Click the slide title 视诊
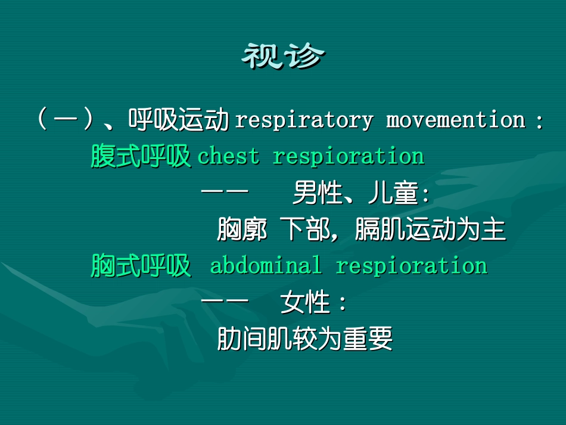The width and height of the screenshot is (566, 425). pyautogui.click(x=283, y=57)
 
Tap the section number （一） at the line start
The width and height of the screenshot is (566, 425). pyautogui.click(x=65, y=120)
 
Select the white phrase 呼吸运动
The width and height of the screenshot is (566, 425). pyautogui.click(x=179, y=120)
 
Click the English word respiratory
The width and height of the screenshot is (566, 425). pyautogui.click(x=304, y=120)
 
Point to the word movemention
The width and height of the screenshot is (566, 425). pyautogui.click(x=455, y=120)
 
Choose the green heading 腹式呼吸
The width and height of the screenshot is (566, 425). pyautogui.click(x=141, y=157)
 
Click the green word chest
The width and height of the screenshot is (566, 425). pyautogui.click(x=228, y=157)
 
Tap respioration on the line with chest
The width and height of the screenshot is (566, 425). pyautogui.click(x=348, y=157)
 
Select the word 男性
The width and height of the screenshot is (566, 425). pyautogui.click(x=316, y=194)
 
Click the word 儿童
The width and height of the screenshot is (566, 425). pyautogui.click(x=393, y=194)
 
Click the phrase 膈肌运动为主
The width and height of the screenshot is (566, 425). pyautogui.click(x=430, y=230)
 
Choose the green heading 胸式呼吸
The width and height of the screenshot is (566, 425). pyautogui.click(x=141, y=266)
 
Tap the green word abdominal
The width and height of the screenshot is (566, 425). pyautogui.click(x=265, y=266)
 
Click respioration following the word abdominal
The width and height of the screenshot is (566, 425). pyautogui.click(x=411, y=266)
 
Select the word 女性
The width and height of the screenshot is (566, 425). pyautogui.click(x=305, y=303)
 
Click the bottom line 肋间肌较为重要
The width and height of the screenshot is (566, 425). pyautogui.click(x=304, y=339)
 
